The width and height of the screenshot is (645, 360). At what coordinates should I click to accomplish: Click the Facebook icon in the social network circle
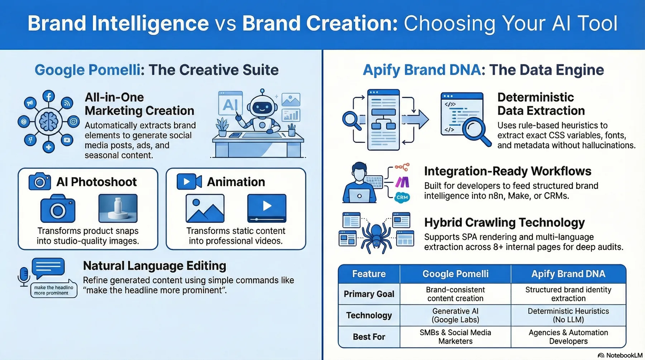tap(49, 96)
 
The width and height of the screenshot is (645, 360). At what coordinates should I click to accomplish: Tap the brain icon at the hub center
tap(49, 122)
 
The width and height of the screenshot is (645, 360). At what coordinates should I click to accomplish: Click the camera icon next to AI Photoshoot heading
tap(39, 182)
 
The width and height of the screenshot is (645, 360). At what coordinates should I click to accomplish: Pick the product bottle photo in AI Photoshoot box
tap(118, 208)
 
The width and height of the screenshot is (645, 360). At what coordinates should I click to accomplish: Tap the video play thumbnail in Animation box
tap(267, 208)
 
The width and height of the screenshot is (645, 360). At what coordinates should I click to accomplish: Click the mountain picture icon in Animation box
tap(205, 208)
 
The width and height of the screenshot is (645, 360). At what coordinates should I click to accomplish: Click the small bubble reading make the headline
tap(54, 290)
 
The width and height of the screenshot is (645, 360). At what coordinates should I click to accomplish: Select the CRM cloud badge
tap(402, 197)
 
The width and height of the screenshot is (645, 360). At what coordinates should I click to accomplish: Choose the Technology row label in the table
tap(369, 315)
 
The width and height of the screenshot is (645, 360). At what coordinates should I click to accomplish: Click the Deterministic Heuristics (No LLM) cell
tap(568, 315)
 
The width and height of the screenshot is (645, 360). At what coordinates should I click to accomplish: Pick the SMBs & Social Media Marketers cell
tap(455, 337)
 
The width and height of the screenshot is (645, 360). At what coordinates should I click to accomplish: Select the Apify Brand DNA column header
tap(568, 274)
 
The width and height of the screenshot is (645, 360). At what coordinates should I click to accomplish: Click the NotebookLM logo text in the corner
tap(623, 355)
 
